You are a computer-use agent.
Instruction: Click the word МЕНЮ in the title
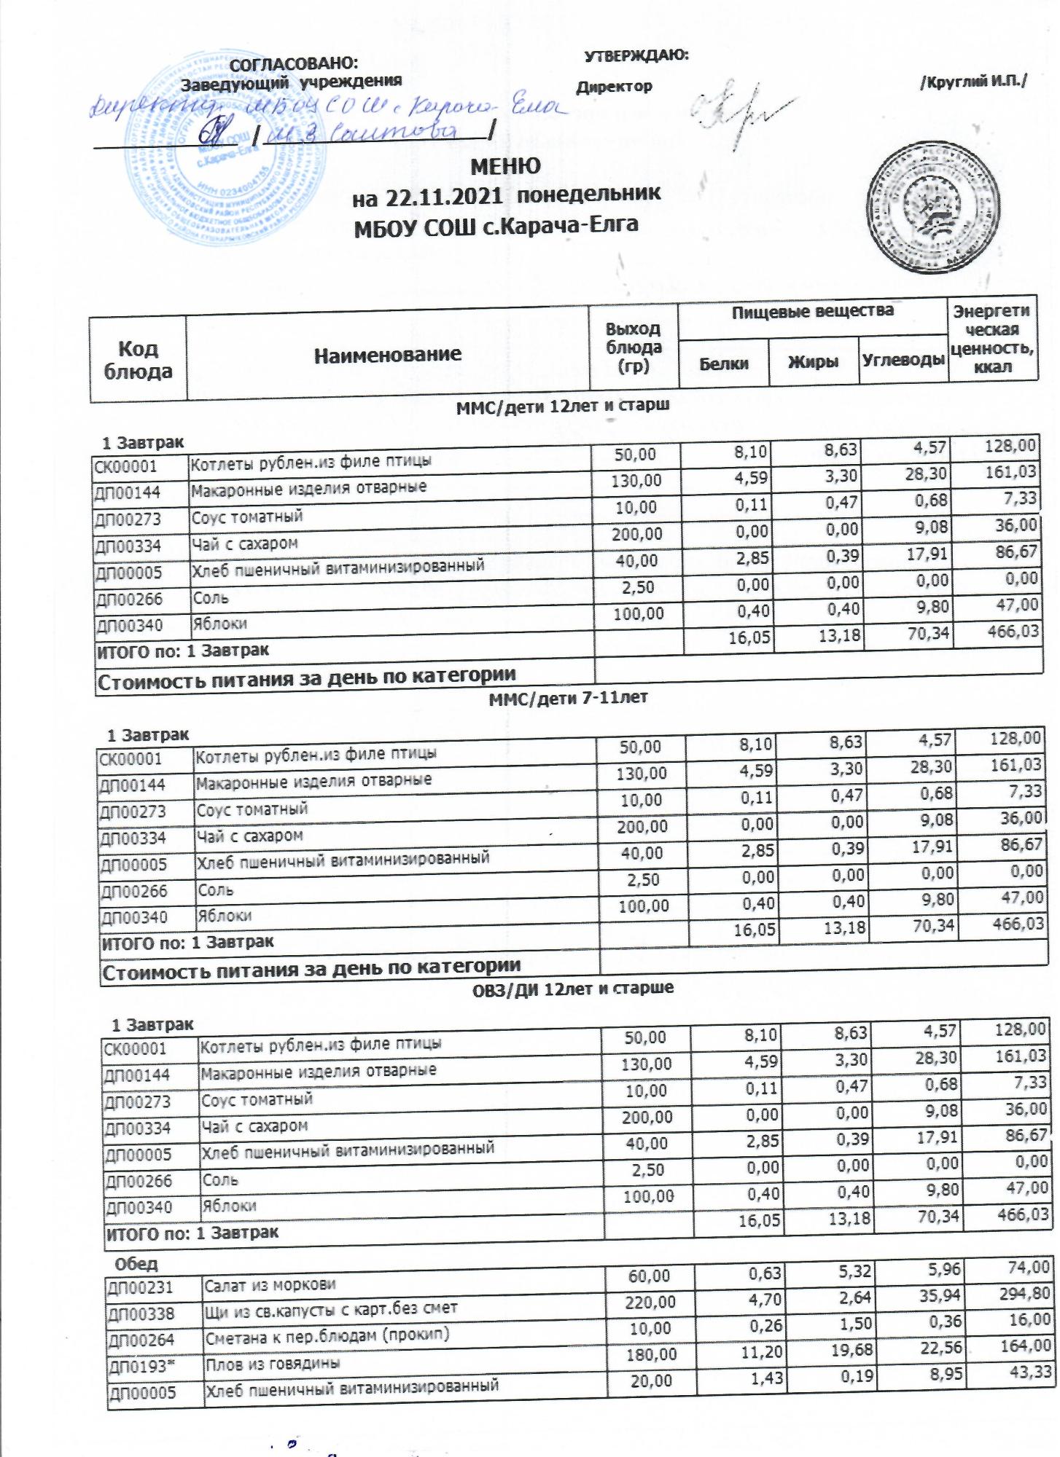(x=505, y=166)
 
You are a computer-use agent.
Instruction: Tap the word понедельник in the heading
(x=589, y=194)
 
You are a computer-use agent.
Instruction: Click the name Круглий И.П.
(x=973, y=83)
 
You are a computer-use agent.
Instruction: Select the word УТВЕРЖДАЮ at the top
(x=636, y=55)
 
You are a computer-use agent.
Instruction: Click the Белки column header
(x=724, y=363)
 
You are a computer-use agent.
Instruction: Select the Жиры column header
(x=813, y=362)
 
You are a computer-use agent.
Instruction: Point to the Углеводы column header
(x=903, y=360)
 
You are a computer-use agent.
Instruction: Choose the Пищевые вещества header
(x=812, y=312)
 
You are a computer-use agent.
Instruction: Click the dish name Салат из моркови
(x=270, y=1285)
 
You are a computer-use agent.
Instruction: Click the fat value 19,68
(x=848, y=1347)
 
